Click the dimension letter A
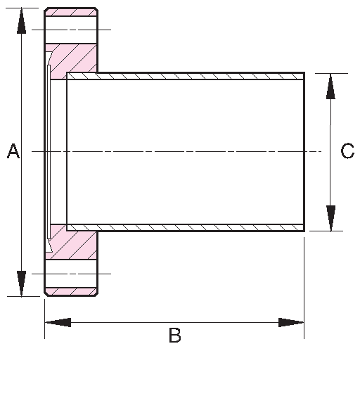coord(13,151)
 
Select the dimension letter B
coord(174,336)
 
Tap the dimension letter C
coord(347,151)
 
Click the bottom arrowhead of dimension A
coord(22,283)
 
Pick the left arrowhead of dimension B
coord(58,322)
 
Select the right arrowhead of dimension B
coord(291,322)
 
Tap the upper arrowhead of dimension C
coord(330,85)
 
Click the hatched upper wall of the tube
coord(183,75)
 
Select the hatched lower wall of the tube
coord(183,227)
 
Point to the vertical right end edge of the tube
coord(304,151)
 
